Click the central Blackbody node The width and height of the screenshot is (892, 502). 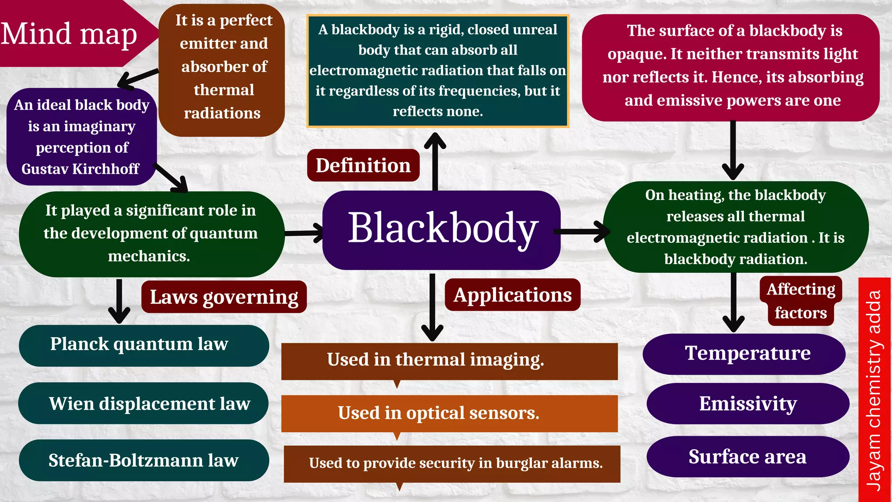click(x=441, y=229)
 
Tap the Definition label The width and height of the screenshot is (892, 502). click(x=363, y=166)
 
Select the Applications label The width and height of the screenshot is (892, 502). click(x=512, y=295)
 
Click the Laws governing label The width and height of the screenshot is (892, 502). click(x=224, y=297)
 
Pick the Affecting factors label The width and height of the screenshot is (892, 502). click(x=801, y=301)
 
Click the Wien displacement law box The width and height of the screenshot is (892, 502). click(x=144, y=404)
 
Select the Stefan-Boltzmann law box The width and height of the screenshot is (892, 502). click(x=144, y=460)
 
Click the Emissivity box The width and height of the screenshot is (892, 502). click(x=747, y=404)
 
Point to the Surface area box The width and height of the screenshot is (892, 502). click(x=747, y=457)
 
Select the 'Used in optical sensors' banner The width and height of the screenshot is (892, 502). click(x=449, y=413)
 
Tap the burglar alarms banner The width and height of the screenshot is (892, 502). click(x=452, y=463)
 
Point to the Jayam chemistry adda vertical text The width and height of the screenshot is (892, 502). click(x=874, y=390)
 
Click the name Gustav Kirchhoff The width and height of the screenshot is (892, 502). click(x=80, y=169)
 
